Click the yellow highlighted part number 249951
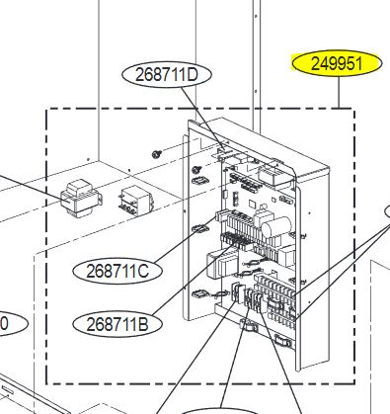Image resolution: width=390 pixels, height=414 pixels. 337,63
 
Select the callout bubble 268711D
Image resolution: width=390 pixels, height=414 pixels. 167,75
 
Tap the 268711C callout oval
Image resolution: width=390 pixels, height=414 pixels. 117,272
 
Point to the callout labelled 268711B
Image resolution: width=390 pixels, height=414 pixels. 117,325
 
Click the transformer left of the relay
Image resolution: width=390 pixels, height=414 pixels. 81,199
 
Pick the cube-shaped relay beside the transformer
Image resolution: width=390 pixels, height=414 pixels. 136,202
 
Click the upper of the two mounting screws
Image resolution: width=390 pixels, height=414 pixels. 156,153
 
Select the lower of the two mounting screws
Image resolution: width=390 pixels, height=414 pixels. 197,169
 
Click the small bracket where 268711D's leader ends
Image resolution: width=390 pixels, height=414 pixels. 224,152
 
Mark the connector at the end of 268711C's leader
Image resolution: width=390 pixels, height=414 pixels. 221,215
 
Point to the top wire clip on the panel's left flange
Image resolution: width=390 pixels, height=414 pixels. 199,181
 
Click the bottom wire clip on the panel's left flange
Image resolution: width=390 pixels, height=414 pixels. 199,293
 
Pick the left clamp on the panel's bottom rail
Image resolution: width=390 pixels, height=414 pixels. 249,324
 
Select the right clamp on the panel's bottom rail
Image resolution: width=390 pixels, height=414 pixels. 283,341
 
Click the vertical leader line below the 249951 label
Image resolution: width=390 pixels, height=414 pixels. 340,92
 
